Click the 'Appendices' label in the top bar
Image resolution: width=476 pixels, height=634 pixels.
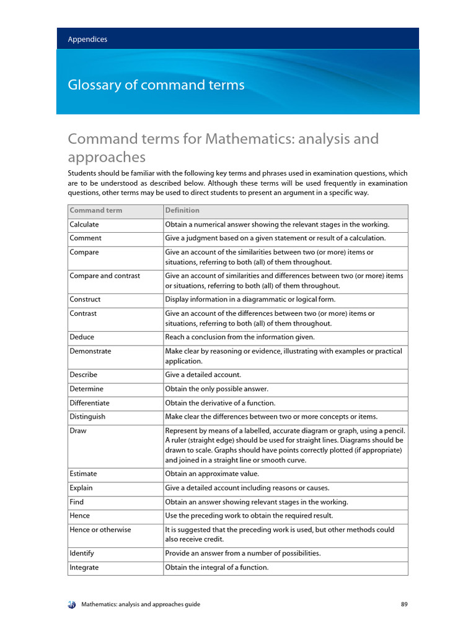click(x=87, y=39)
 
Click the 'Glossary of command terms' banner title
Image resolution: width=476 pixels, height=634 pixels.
click(x=156, y=85)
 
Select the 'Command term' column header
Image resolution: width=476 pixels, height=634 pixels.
click(x=96, y=211)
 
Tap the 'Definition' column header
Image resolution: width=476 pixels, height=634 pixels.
click(x=182, y=211)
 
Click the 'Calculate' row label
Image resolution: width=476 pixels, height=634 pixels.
click(x=84, y=225)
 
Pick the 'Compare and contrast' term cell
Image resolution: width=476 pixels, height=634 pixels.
click(x=105, y=276)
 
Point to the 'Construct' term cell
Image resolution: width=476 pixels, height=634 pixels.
click(x=85, y=299)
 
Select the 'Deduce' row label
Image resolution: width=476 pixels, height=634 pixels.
click(x=82, y=337)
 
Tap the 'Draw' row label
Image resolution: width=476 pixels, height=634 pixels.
click(x=77, y=430)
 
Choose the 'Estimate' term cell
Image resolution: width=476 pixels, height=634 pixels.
click(x=83, y=474)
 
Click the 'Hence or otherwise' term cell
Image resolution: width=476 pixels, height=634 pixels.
click(x=100, y=529)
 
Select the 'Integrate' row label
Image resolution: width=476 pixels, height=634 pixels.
click(x=84, y=567)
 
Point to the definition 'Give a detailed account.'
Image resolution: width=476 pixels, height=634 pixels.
click(x=203, y=375)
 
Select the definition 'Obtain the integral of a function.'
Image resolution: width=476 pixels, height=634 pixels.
click(x=217, y=567)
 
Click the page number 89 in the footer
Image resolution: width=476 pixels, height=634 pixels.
click(x=404, y=604)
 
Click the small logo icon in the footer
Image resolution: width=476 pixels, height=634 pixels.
click(x=72, y=604)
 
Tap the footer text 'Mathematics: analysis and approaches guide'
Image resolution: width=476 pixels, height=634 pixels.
click(x=141, y=604)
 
